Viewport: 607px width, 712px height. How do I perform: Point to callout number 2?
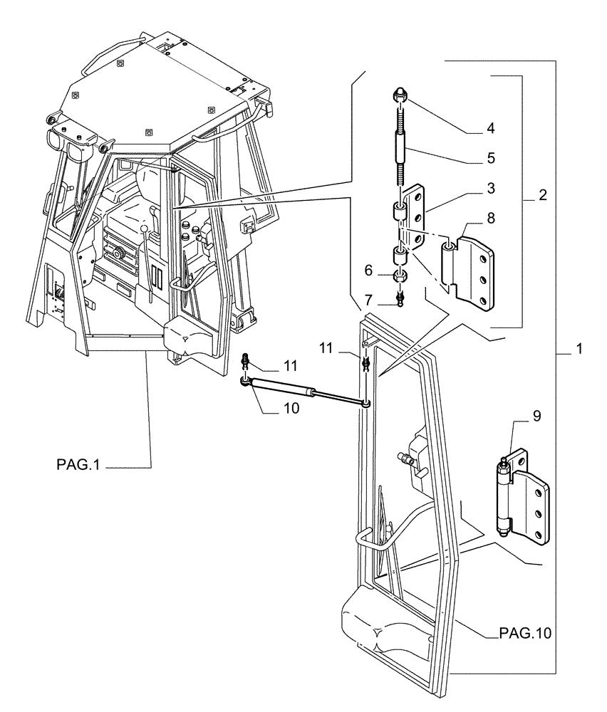(x=542, y=194)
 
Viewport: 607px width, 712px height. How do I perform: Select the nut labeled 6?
(x=402, y=276)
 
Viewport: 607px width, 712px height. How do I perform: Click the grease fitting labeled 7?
(x=402, y=299)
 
